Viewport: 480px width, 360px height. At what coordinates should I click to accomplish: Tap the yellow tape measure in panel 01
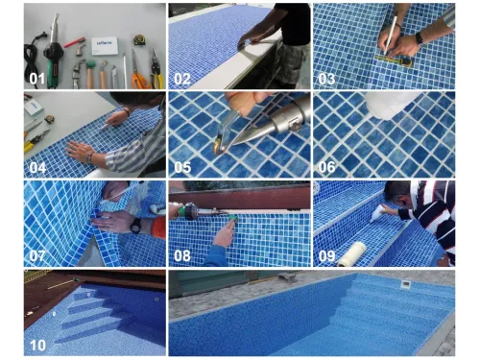coord(139,40)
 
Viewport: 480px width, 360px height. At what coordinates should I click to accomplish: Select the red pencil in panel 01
coord(74,42)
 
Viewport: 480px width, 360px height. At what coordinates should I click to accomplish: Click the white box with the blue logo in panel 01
coord(105,46)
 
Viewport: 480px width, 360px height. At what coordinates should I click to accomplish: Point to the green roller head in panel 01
coord(90,63)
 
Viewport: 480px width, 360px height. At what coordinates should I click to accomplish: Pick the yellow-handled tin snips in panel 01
coord(156,69)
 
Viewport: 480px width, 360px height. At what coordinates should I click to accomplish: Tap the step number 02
coord(182,79)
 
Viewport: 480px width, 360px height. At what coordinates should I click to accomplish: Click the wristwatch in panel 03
coord(420,39)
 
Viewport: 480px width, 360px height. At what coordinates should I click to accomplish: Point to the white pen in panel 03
coord(391,35)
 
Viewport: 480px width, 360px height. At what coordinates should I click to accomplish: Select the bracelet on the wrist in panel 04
coord(89,157)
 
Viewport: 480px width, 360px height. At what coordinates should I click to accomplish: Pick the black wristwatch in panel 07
coord(136,226)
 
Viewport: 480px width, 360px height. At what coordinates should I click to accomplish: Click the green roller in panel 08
coord(232,219)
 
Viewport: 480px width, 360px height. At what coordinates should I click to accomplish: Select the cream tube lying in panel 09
coord(352,254)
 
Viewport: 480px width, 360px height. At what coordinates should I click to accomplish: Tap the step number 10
coord(37,345)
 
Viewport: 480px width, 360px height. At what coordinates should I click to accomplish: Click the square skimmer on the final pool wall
coord(405,284)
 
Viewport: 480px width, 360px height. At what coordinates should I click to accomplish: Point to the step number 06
coord(326,167)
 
